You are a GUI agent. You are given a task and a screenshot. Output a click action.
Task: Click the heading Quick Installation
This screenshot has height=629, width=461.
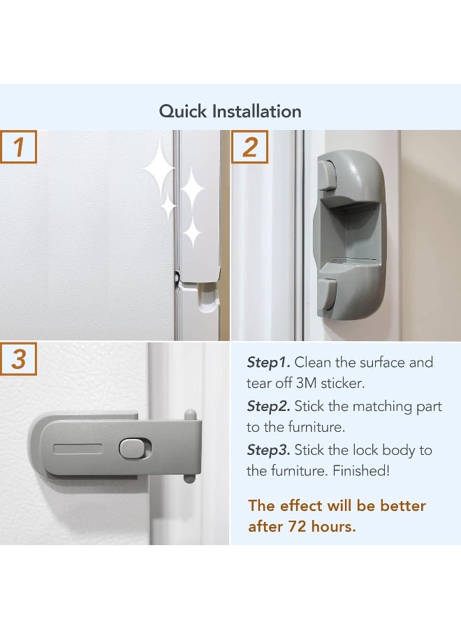click(230, 111)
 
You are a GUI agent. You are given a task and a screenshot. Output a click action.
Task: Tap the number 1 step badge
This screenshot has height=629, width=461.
click(19, 147)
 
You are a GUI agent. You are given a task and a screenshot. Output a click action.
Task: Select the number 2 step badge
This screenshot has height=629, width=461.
click(249, 147)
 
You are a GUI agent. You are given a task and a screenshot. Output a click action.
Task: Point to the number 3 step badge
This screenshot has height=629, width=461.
click(19, 359)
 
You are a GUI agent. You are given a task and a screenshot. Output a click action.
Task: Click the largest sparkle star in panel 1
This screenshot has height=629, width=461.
click(159, 168)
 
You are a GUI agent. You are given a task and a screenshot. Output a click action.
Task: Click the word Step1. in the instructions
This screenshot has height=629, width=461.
click(268, 363)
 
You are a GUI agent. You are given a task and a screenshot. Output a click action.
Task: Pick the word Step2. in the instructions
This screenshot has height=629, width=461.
click(268, 407)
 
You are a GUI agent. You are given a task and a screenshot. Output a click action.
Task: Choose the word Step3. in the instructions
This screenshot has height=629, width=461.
click(268, 451)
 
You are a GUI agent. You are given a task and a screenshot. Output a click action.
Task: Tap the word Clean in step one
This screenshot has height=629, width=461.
click(313, 363)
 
